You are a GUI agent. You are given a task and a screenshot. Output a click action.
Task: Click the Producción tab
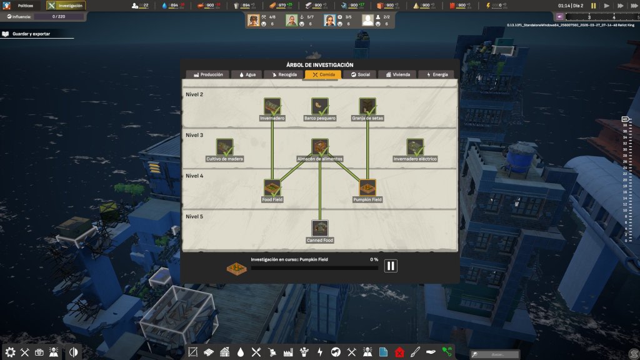tap(207, 74)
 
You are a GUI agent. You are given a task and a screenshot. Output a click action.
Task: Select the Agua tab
tap(247, 74)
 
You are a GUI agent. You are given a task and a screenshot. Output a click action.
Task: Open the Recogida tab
tap(284, 74)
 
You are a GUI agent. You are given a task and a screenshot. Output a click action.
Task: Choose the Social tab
tap(360, 74)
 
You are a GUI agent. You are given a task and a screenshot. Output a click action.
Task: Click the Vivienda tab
tap(398, 74)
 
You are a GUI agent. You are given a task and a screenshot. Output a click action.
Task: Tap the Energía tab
tap(437, 74)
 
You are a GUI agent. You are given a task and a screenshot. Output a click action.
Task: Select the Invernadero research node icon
tap(272, 106)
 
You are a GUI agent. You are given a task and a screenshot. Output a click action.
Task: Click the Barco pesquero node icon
tap(320, 106)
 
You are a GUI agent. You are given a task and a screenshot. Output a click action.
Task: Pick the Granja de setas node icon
tap(367, 106)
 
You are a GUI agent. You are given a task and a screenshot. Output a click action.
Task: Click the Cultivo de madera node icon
tap(224, 147)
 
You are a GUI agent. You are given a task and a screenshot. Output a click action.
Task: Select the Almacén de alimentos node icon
tap(320, 147)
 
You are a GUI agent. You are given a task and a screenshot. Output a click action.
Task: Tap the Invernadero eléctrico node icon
tap(415, 147)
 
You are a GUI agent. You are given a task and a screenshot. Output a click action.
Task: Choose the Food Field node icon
tap(272, 187)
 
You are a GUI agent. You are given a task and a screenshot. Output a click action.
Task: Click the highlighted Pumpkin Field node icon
tap(367, 187)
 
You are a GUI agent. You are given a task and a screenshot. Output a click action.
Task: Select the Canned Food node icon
tap(320, 228)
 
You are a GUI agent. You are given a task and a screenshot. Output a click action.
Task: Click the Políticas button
tap(22, 6)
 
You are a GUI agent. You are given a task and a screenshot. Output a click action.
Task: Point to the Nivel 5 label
tap(194, 216)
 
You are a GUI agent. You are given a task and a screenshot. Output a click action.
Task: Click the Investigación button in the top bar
tap(66, 6)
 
